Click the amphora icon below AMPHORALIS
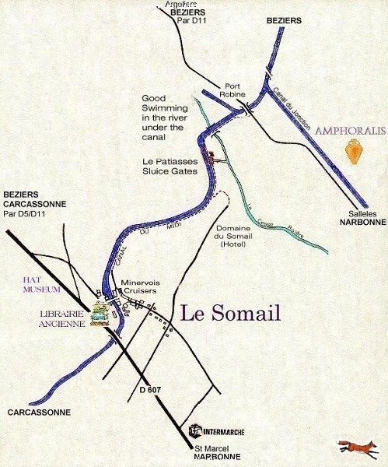(x=354, y=150)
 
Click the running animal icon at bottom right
(x=358, y=447)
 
